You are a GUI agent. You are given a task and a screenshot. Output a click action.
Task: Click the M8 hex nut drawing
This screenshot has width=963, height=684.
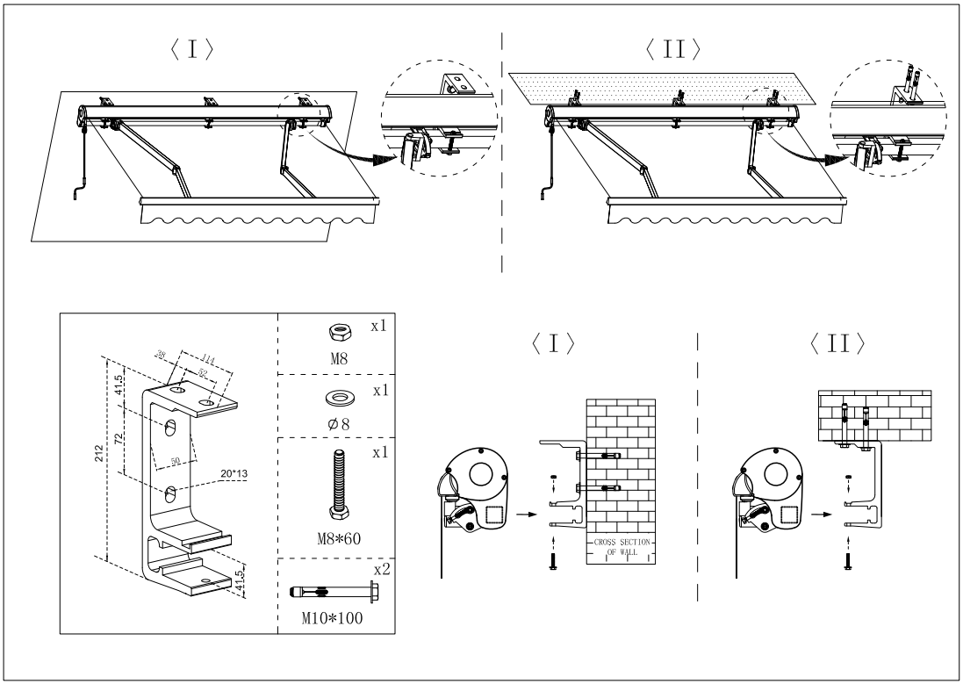[x=340, y=333]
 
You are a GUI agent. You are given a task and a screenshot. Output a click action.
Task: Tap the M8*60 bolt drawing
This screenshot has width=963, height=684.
[x=338, y=486]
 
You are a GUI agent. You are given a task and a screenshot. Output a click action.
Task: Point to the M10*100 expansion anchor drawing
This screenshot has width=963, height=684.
[x=334, y=592]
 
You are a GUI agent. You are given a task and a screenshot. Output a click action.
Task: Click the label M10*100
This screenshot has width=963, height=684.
[x=332, y=617]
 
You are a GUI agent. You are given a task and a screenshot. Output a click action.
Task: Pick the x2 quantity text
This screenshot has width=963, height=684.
[x=381, y=569]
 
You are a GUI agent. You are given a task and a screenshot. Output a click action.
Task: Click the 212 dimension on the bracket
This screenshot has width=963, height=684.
[x=99, y=454]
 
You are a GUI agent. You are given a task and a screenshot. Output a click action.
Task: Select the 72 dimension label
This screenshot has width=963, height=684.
[x=119, y=438]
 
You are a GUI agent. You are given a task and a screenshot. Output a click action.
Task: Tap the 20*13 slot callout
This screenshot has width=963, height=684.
[x=234, y=474]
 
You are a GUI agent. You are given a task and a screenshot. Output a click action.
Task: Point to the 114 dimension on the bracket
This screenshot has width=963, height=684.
[x=208, y=360]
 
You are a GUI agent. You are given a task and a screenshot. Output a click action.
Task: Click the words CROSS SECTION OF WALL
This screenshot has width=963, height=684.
[x=622, y=547]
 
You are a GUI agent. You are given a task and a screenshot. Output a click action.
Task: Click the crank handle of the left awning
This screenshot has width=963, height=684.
[x=79, y=191]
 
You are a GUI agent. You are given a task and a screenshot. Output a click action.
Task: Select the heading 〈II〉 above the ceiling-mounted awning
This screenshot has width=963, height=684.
[x=672, y=49]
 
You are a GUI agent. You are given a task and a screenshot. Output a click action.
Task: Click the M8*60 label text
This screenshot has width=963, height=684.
[x=339, y=539]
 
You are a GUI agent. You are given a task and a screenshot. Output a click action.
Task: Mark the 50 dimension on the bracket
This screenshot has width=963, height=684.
[x=175, y=461]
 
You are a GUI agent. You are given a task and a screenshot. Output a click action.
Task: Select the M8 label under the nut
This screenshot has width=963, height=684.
[x=340, y=358]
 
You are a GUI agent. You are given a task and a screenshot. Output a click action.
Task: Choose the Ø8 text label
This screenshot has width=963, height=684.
[x=338, y=423]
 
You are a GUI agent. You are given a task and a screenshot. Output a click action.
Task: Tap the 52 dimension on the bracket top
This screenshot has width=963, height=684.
[x=203, y=373]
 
